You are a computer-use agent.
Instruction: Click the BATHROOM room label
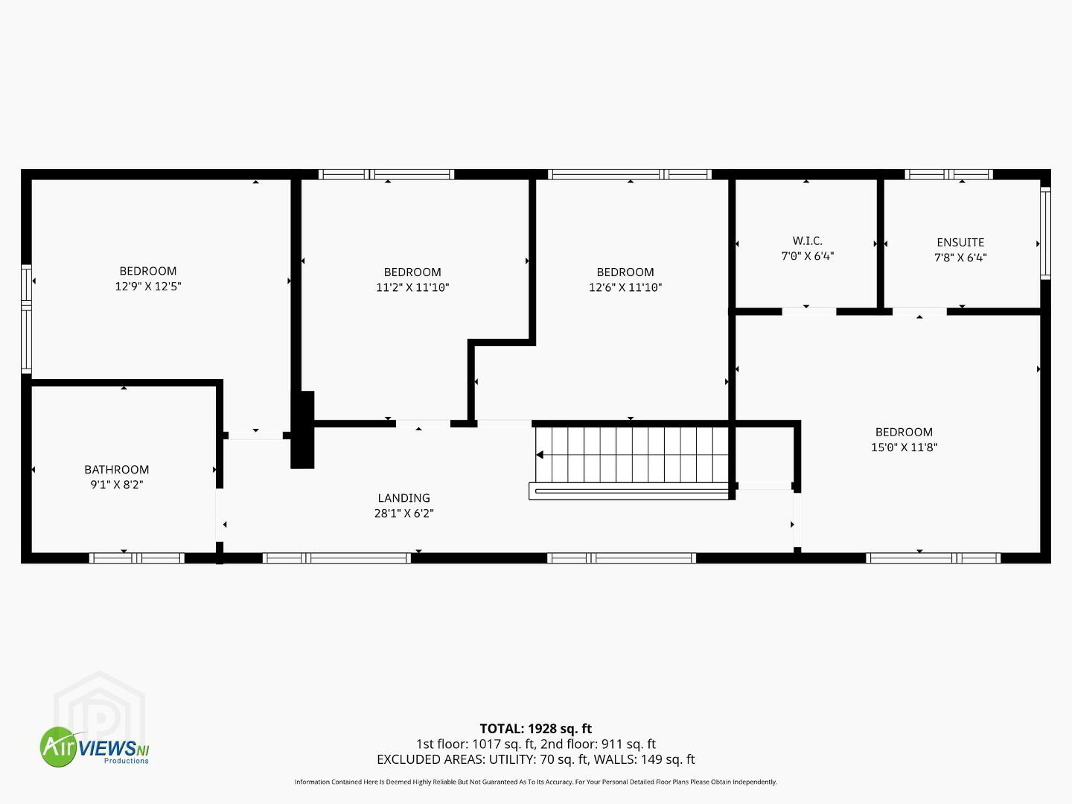[117, 470]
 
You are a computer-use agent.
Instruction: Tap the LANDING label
[404, 498]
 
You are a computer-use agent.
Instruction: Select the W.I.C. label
[807, 240]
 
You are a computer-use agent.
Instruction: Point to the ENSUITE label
[960, 242]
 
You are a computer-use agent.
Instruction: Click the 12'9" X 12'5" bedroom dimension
[148, 286]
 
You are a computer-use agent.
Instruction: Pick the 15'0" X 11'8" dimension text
[904, 447]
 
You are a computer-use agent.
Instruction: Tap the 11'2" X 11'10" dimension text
[412, 287]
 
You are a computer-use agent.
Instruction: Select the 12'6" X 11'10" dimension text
[625, 287]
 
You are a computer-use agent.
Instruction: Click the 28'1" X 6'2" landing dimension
[404, 513]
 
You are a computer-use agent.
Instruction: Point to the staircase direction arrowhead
[540, 455]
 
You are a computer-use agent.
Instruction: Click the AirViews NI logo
[95, 747]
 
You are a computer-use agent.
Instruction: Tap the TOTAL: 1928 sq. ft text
[536, 729]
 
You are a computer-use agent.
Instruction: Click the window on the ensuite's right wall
[1045, 233]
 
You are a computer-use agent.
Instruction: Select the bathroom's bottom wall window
[137, 558]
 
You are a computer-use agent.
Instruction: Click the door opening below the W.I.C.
[809, 311]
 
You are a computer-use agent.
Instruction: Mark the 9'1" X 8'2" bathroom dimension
[117, 485]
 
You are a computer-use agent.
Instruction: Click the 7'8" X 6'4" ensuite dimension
[960, 258]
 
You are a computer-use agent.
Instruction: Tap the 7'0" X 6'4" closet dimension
[807, 256]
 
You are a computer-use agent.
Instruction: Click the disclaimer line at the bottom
[536, 782]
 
